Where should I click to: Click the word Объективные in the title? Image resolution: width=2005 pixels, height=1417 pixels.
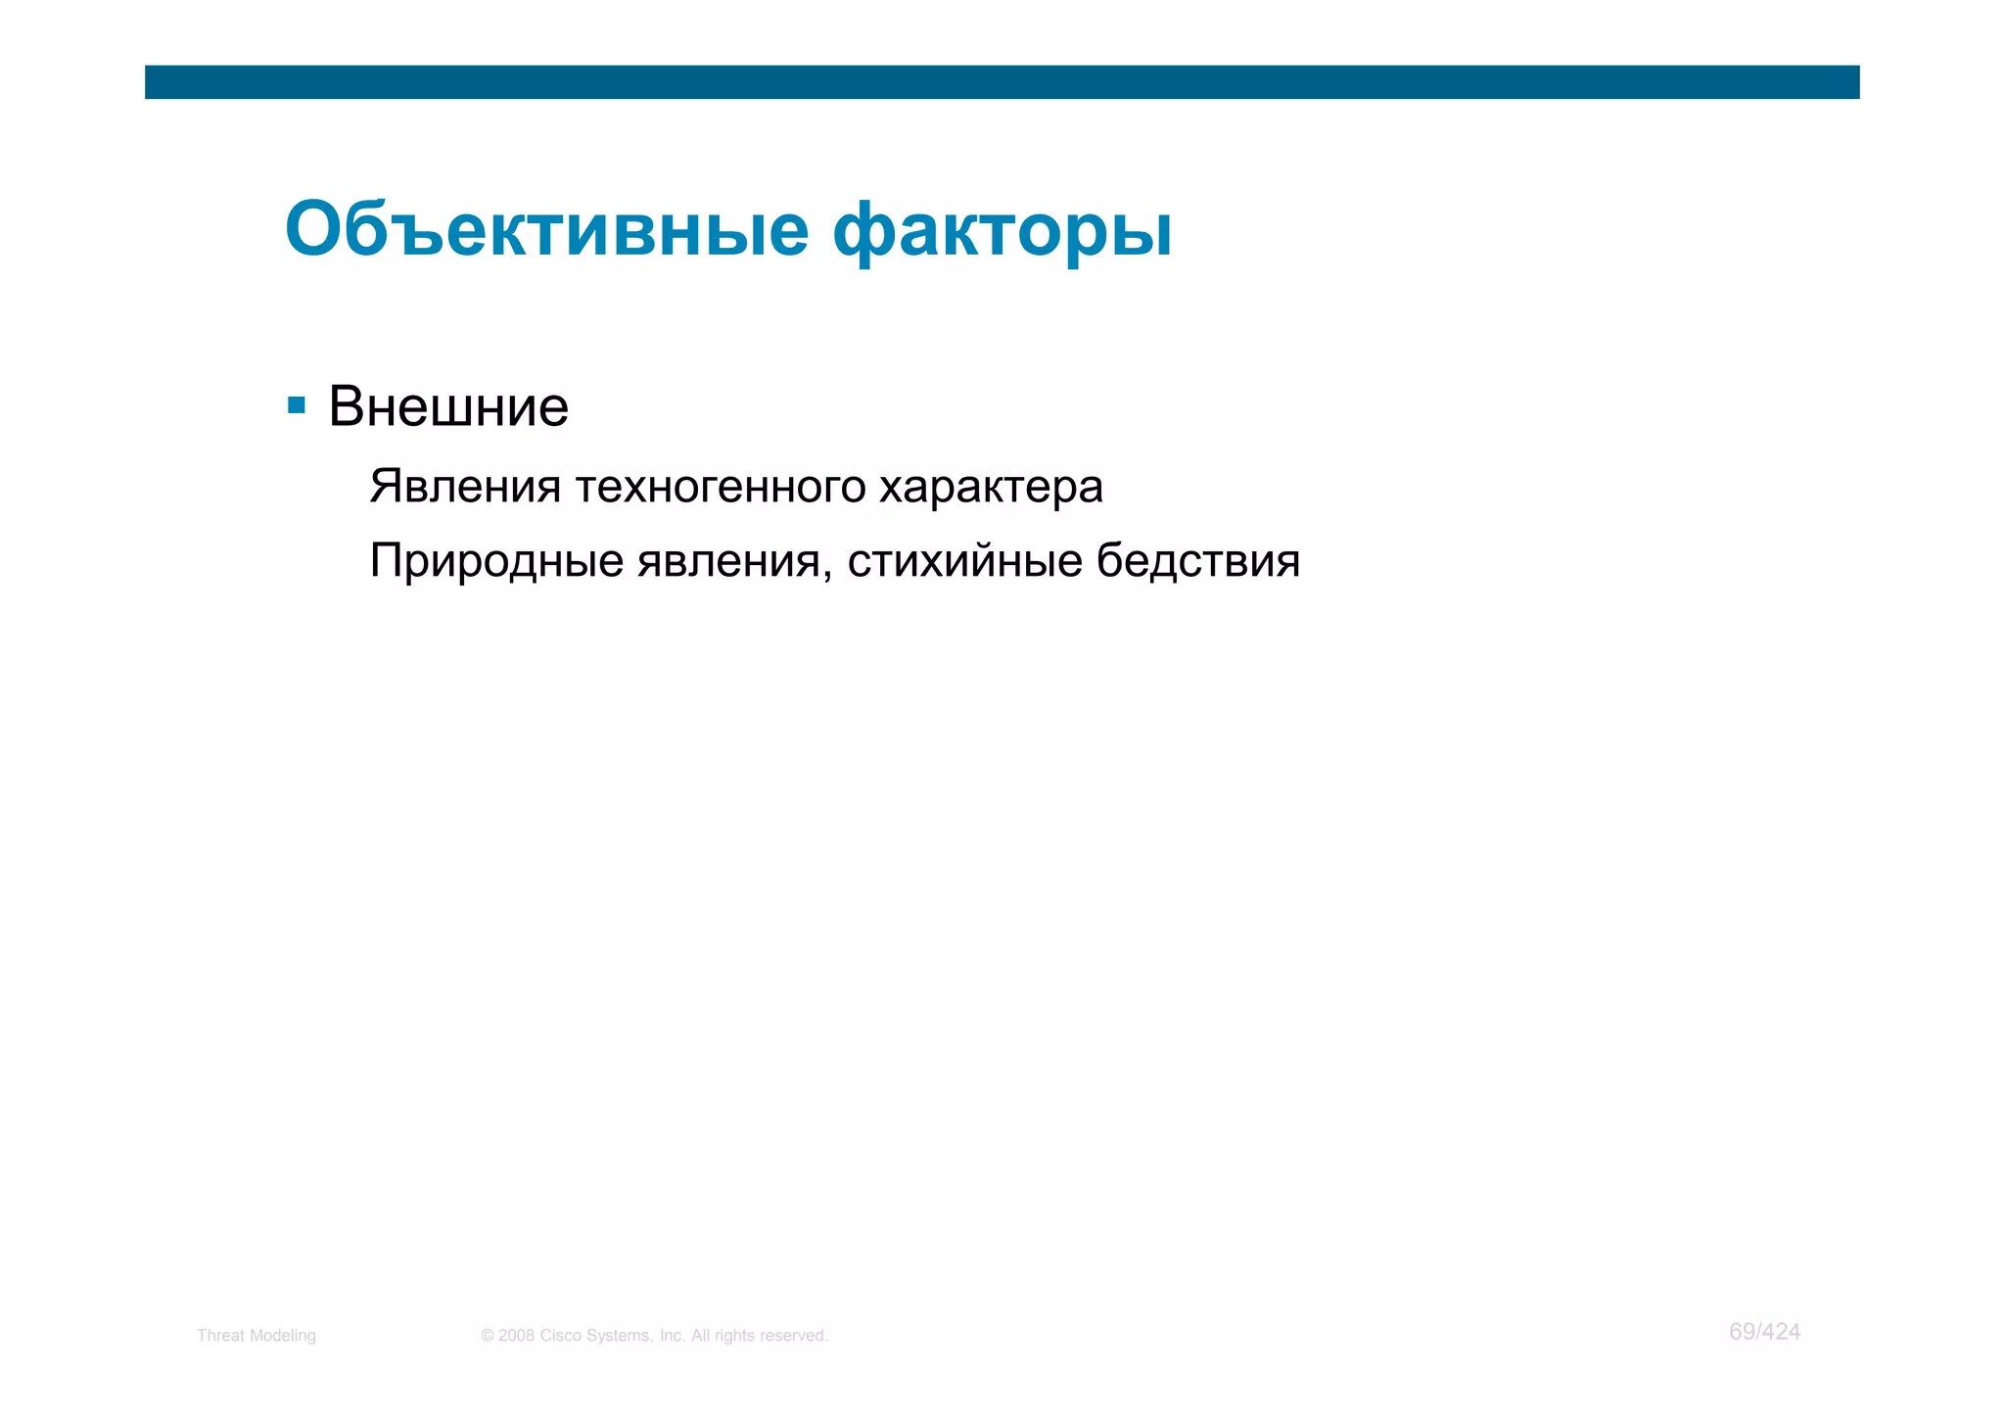(x=546, y=230)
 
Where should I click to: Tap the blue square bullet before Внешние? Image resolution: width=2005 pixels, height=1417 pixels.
(x=297, y=405)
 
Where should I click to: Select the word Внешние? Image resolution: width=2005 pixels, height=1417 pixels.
(x=448, y=406)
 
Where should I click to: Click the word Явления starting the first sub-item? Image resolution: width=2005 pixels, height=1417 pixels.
(x=465, y=487)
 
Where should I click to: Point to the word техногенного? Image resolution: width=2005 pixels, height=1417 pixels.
(x=721, y=487)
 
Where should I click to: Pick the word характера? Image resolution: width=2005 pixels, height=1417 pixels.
(x=991, y=487)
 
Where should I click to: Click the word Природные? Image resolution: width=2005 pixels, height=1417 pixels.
(x=496, y=561)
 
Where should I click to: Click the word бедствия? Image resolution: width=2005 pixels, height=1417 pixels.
(x=1197, y=561)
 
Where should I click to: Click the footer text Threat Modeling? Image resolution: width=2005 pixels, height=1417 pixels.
(x=256, y=1336)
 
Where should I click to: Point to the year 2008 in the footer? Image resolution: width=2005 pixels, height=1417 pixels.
(x=516, y=1336)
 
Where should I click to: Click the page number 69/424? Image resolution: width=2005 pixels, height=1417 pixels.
(x=1764, y=1332)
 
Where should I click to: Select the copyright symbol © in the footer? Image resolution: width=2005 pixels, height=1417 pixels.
(x=488, y=1336)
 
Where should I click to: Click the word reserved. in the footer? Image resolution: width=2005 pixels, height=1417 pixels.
(x=793, y=1336)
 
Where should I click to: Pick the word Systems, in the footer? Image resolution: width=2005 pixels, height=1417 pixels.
(x=620, y=1336)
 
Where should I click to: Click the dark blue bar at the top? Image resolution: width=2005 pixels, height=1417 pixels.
(x=1002, y=82)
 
